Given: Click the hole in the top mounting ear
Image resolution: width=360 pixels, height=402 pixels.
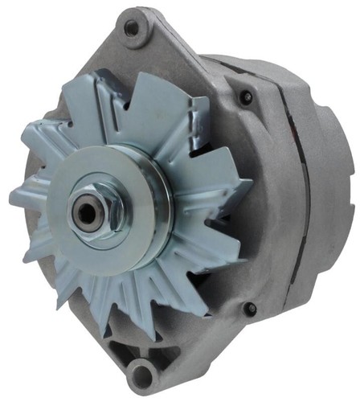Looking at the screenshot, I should click(x=131, y=28).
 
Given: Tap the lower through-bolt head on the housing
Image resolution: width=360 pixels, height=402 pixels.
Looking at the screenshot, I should click(x=250, y=308).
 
